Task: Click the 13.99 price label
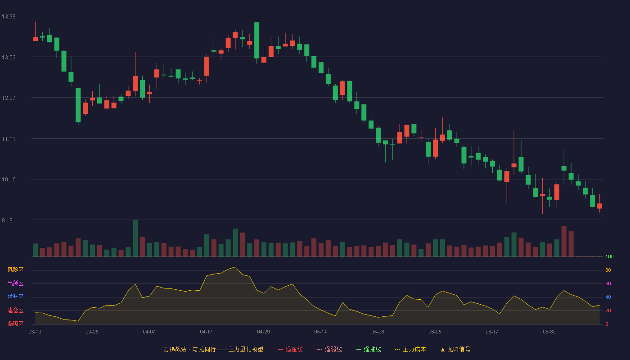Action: (x=9, y=17)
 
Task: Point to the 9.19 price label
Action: (x=7, y=220)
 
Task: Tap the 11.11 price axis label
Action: (x=9, y=139)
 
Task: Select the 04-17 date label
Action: (x=206, y=332)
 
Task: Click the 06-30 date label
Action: (x=549, y=332)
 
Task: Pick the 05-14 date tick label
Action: (x=320, y=332)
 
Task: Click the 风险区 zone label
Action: (x=15, y=270)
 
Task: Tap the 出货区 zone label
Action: (x=15, y=283)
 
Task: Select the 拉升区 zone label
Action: (x=15, y=297)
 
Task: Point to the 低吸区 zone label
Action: (x=15, y=324)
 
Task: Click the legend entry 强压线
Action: (x=290, y=349)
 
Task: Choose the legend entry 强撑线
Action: (x=369, y=349)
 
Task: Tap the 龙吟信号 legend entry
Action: (x=455, y=349)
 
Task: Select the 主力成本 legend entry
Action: (x=410, y=349)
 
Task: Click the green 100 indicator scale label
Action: (x=609, y=256)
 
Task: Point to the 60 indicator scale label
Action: (x=608, y=283)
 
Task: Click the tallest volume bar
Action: (x=135, y=238)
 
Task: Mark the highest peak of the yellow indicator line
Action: (x=235, y=267)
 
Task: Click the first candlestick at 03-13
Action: (x=35, y=39)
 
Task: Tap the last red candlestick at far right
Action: (x=599, y=206)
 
